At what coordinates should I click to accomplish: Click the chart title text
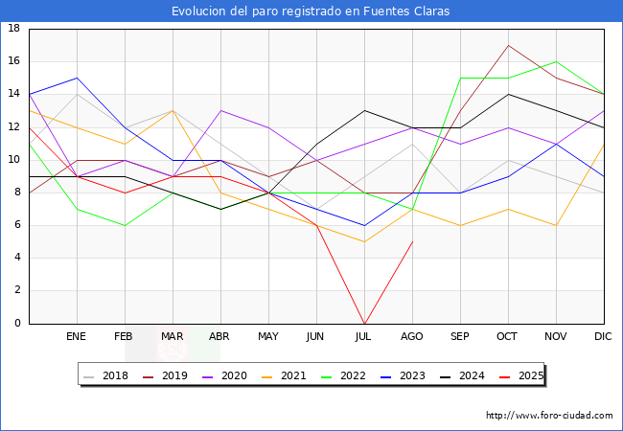(x=311, y=11)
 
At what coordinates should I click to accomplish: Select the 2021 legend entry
(x=285, y=375)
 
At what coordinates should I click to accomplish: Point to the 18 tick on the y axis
(x=14, y=29)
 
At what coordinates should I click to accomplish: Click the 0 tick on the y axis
(x=17, y=324)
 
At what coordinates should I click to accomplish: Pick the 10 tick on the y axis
(x=14, y=160)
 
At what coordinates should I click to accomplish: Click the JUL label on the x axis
(x=364, y=337)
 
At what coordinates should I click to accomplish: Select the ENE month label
(x=77, y=337)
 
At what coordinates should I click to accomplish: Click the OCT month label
(x=508, y=337)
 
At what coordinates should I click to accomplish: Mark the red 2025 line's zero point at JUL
(x=364, y=323)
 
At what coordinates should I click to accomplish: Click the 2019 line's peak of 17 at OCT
(x=508, y=45)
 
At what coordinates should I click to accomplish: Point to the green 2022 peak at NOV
(x=556, y=61)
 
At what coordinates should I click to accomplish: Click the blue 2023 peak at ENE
(x=77, y=78)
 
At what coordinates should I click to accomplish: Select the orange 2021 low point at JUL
(x=364, y=241)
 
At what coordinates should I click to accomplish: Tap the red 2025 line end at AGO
(x=412, y=241)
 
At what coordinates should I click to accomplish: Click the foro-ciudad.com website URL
(x=549, y=416)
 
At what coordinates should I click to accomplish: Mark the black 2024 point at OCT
(x=508, y=94)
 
